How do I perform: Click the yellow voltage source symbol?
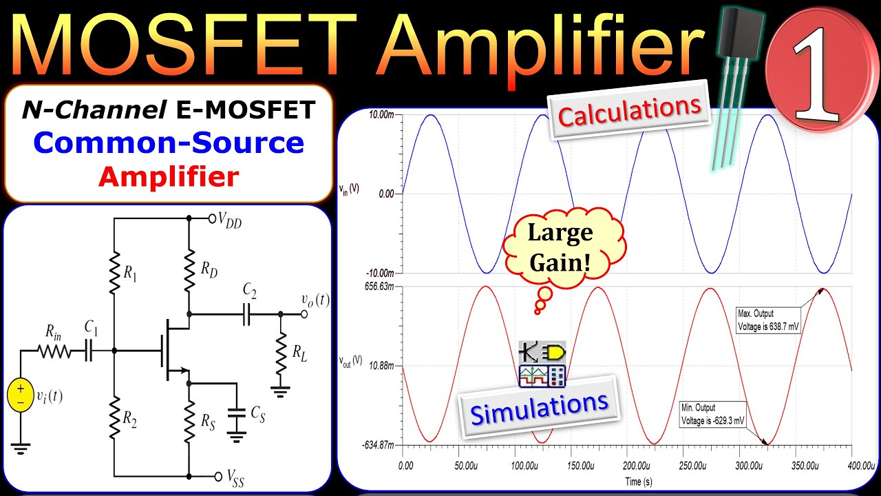pyautogui.click(x=20, y=397)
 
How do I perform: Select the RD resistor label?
pyautogui.click(x=209, y=270)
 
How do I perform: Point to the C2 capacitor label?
pyautogui.click(x=250, y=292)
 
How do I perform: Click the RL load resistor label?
pyautogui.click(x=299, y=353)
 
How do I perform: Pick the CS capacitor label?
pyautogui.click(x=258, y=413)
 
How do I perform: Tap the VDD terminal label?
pyautogui.click(x=230, y=220)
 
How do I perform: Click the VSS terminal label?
pyautogui.click(x=235, y=476)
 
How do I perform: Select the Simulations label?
pyautogui.click(x=540, y=406)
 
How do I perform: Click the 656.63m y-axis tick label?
pyautogui.click(x=382, y=287)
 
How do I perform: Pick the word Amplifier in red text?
pyautogui.click(x=168, y=177)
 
